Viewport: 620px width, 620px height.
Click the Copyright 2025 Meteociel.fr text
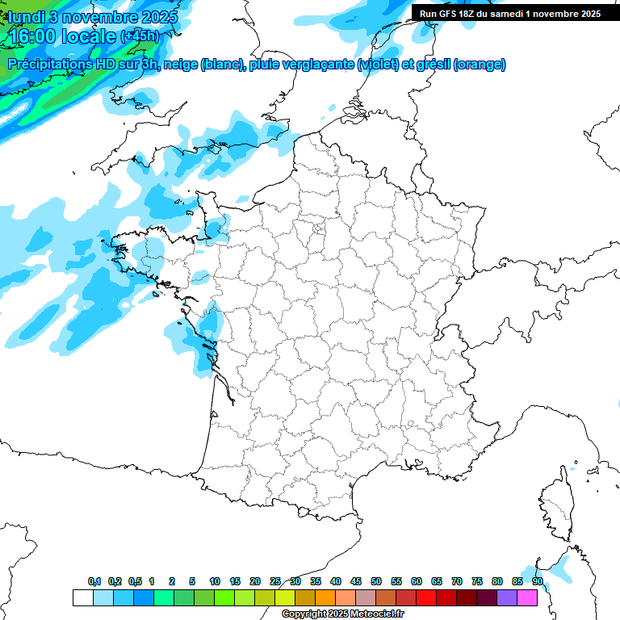tap(342, 614)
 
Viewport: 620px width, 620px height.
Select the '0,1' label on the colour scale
tap(94, 581)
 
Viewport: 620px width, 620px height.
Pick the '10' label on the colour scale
tap(215, 581)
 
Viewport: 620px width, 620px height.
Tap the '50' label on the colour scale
tap(376, 581)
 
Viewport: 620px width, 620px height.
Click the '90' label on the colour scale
tap(537, 581)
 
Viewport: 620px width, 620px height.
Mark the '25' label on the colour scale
tap(275, 581)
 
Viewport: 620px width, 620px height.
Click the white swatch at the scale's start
tap(82, 597)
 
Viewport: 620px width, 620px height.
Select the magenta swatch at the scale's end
tap(527, 597)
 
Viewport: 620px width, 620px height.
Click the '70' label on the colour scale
tap(457, 581)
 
